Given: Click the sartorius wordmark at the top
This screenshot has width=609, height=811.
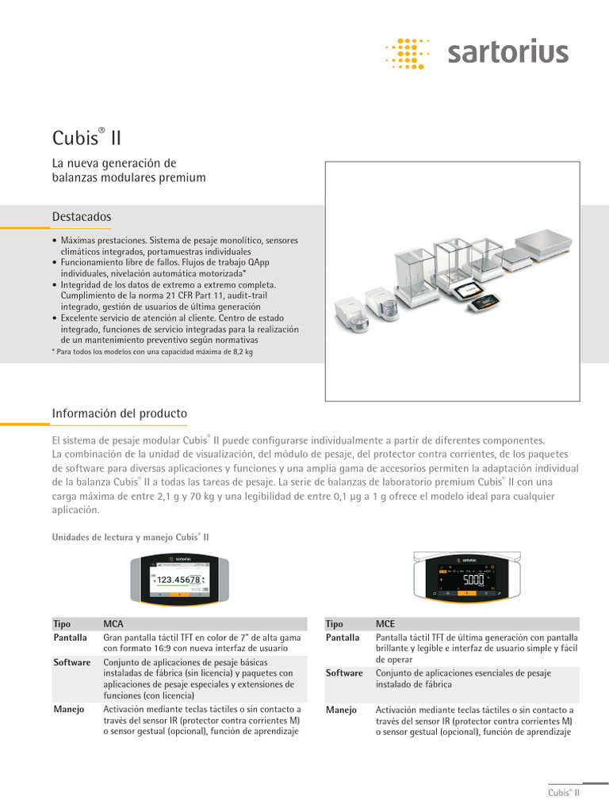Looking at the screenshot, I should [x=507, y=53].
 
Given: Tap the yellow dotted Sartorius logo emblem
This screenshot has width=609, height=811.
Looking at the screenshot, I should [x=406, y=53].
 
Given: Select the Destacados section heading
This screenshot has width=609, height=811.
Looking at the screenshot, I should [x=82, y=216].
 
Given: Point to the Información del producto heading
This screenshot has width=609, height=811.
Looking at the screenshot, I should [x=119, y=413].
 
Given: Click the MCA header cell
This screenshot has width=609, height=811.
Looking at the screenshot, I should [x=114, y=624].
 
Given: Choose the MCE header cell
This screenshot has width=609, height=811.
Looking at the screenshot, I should [x=386, y=624].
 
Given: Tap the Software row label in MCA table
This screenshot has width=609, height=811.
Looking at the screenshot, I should [x=72, y=662].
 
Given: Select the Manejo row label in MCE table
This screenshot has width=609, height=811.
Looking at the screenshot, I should [x=341, y=710].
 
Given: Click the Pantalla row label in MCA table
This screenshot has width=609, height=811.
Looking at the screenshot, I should [x=71, y=637].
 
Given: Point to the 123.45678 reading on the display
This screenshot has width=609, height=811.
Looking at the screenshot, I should [x=178, y=580].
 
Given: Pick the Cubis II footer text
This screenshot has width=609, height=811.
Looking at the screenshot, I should [x=564, y=792].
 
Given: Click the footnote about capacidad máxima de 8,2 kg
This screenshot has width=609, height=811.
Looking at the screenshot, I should [x=152, y=351].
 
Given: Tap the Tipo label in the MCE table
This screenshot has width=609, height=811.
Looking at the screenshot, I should [x=334, y=624].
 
